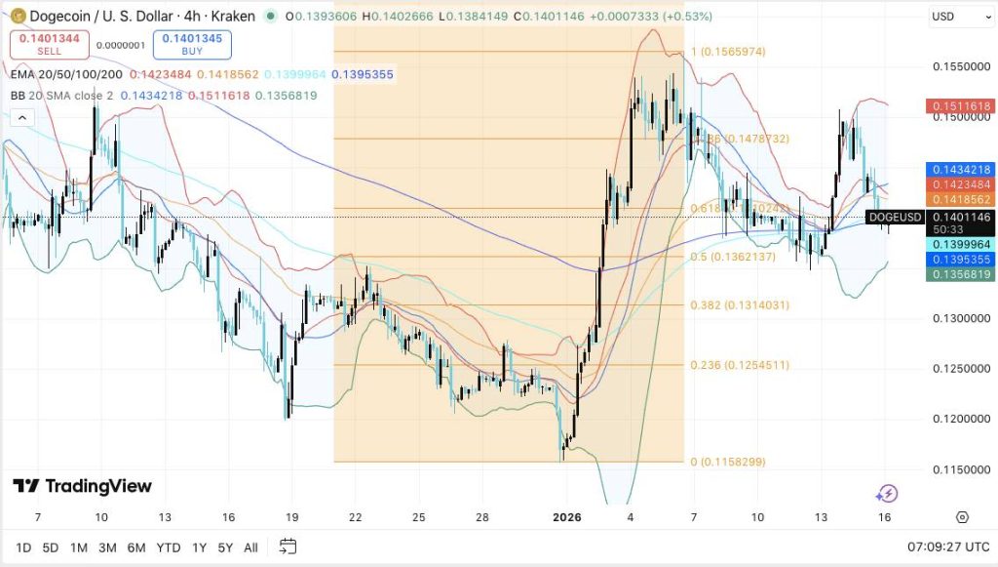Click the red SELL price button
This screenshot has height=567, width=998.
click(50, 44)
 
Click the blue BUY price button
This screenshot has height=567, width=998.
click(191, 44)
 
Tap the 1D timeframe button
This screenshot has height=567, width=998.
click(24, 547)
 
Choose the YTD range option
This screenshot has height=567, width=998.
click(168, 547)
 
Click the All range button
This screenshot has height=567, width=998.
click(250, 547)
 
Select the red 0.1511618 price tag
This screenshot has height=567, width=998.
click(959, 105)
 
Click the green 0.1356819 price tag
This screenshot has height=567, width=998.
click(959, 275)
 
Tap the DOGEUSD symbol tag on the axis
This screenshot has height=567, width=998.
click(894, 217)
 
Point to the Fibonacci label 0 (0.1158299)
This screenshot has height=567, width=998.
click(729, 462)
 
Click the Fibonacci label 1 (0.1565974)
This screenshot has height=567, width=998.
click(728, 52)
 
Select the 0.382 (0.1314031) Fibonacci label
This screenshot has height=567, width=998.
click(740, 305)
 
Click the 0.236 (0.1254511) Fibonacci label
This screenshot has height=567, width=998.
click(740, 365)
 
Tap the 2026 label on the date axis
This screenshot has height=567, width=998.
click(567, 516)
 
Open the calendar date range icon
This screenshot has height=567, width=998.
click(288, 547)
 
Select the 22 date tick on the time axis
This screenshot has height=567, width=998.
click(357, 516)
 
